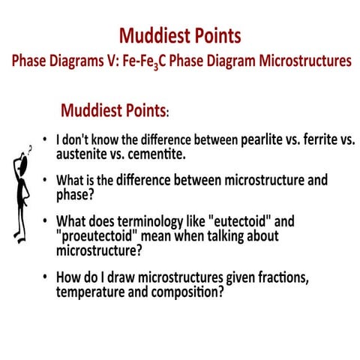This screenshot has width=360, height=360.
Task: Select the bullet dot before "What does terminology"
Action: (46, 222)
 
